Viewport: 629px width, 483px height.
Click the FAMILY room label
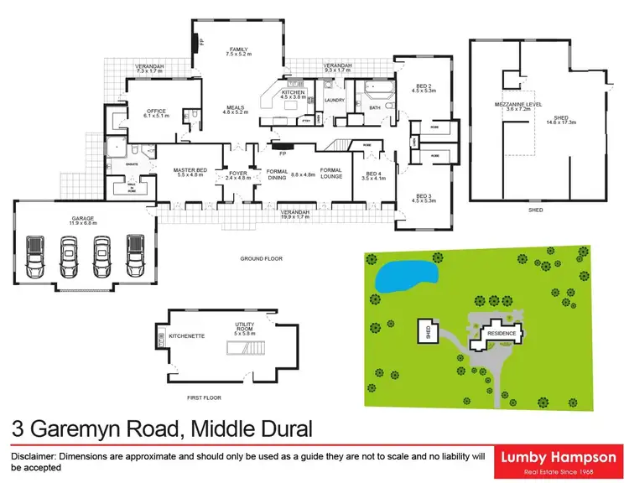pos(237,49)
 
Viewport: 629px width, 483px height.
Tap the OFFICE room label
pos(157,111)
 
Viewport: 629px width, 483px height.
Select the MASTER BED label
pos(190,171)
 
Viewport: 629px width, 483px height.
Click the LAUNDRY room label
pos(335,101)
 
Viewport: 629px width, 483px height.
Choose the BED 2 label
pos(423,86)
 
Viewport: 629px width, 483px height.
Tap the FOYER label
pos(238,174)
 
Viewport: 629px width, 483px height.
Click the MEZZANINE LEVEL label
pos(519,104)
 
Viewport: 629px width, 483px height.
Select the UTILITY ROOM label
pos(244,329)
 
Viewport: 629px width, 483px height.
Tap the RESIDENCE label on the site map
pos(502,333)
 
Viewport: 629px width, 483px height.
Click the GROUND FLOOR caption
pos(261,259)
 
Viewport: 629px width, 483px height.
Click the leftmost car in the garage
pos(37,257)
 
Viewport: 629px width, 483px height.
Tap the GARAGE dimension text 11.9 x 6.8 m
pos(81,224)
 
